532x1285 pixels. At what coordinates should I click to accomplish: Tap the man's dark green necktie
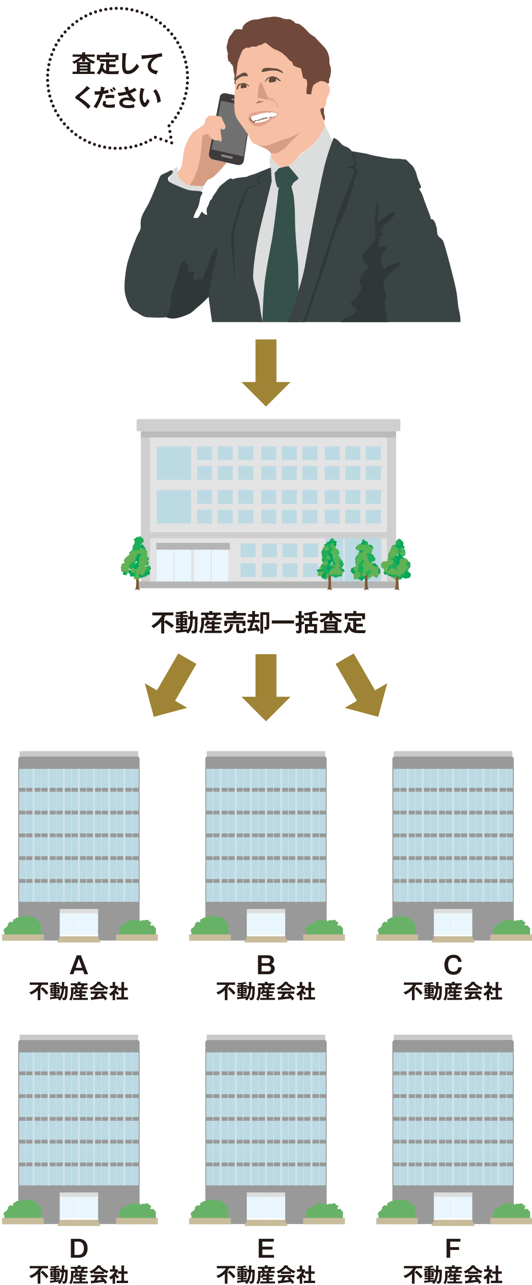[x=282, y=245]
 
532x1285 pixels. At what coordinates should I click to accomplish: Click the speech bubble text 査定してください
[x=117, y=80]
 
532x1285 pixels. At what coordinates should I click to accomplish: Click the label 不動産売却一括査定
[x=259, y=623]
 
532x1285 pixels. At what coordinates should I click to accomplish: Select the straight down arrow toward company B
[x=266, y=686]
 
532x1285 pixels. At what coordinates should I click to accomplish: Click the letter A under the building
[x=79, y=965]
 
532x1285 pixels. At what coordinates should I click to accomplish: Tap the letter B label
[x=266, y=965]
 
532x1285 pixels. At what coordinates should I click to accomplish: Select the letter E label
[x=266, y=1248]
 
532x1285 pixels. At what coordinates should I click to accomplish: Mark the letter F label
[x=453, y=1248]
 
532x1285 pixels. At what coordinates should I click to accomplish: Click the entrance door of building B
[x=266, y=923]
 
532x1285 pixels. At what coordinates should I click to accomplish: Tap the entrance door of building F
[x=453, y=1206]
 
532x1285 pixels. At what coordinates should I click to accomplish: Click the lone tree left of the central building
[x=136, y=561]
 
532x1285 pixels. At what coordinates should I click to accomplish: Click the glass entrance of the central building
[x=192, y=565]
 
